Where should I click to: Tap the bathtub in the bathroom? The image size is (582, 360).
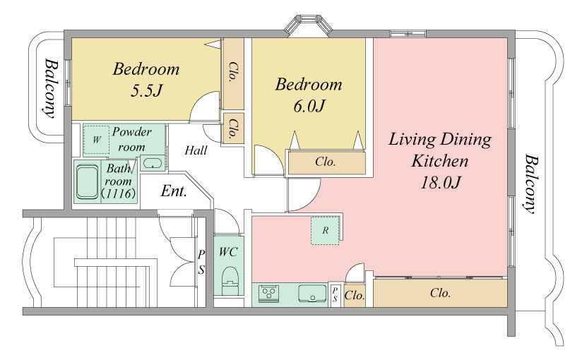tap(88, 182)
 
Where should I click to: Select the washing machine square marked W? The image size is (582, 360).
tap(97, 140)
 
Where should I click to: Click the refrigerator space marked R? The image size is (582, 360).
tap(325, 231)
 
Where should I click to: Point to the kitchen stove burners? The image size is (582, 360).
tap(268, 293)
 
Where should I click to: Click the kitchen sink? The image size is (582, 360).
tap(312, 293)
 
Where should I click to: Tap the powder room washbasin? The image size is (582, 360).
tap(152, 163)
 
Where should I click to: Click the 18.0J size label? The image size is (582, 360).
tap(440, 183)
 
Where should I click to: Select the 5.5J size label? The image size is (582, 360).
tap(146, 90)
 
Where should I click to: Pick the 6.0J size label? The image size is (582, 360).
tap(309, 106)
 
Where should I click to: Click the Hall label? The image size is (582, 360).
tap(196, 150)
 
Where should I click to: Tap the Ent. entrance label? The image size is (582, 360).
tap(174, 191)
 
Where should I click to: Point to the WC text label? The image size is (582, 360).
tap(228, 252)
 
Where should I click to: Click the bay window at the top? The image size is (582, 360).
tap(309, 25)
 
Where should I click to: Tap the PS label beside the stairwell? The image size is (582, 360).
tap(201, 262)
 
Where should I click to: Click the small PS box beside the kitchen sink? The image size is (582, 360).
tap(335, 295)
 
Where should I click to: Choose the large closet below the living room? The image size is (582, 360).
tap(440, 293)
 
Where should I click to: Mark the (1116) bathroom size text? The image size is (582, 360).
tap(119, 193)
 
